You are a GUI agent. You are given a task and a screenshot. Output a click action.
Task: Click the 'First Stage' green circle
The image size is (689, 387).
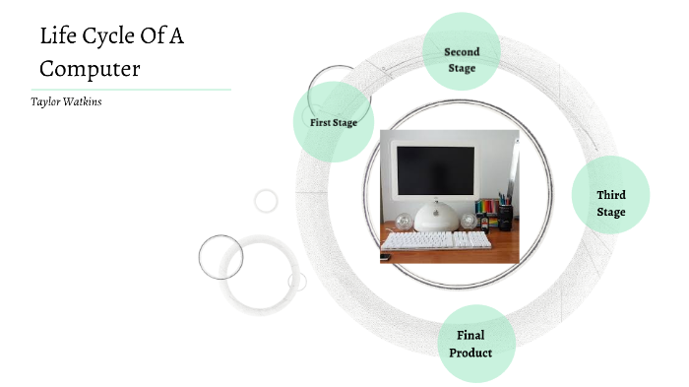point(333,122)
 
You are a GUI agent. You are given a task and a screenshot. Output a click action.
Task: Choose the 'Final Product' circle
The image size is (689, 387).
point(476,344)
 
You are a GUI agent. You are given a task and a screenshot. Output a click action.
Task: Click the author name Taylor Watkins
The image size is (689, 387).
point(67,101)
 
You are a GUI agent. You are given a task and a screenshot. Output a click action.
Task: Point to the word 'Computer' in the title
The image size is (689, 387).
point(90,69)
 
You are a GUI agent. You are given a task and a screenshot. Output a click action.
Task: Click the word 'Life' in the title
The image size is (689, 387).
point(58,38)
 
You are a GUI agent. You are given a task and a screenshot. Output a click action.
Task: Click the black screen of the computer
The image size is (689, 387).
point(433,171)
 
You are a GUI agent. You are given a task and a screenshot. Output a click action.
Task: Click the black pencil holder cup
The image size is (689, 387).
point(504,217)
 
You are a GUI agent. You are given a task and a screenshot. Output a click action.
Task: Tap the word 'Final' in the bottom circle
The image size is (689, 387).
point(470,336)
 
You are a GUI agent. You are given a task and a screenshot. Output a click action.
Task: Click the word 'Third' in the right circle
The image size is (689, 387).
point(610,195)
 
